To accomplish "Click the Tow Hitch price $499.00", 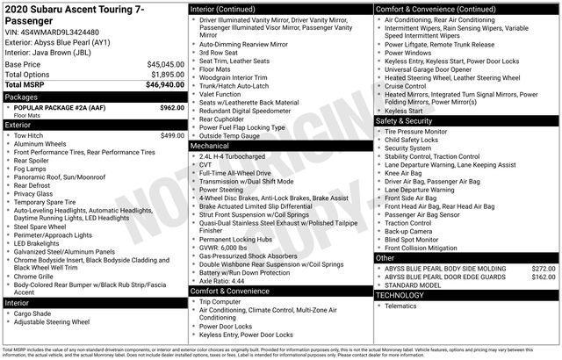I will [172, 135].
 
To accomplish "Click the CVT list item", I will [205, 164].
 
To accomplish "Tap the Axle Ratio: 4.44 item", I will [225, 280].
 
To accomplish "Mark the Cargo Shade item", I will [35, 313].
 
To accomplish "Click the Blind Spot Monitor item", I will [413, 239].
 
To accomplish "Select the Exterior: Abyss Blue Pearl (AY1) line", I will [57, 40].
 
